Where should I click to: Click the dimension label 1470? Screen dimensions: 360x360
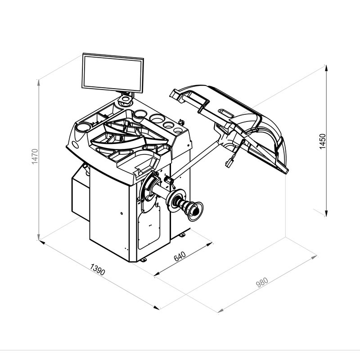[35, 156]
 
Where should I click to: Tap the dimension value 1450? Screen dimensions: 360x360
[323, 141]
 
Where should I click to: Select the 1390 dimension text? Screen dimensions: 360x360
[98, 269]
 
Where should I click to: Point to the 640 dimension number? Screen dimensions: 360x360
[180, 256]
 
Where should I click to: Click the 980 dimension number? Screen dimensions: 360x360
[262, 283]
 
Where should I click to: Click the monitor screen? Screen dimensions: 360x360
[113, 73]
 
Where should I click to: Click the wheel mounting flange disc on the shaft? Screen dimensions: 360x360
[176, 201]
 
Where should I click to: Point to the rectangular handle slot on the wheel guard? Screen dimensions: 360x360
[226, 113]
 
